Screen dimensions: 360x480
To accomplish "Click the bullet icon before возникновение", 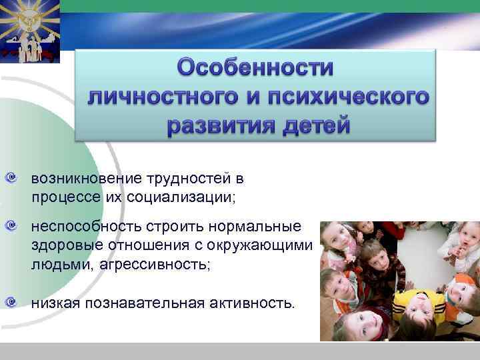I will coord(11,179).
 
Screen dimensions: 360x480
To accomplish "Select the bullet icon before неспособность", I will coord(11,228).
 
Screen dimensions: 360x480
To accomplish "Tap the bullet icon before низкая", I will coord(11,303).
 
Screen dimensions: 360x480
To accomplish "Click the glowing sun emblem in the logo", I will coord(30,18).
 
